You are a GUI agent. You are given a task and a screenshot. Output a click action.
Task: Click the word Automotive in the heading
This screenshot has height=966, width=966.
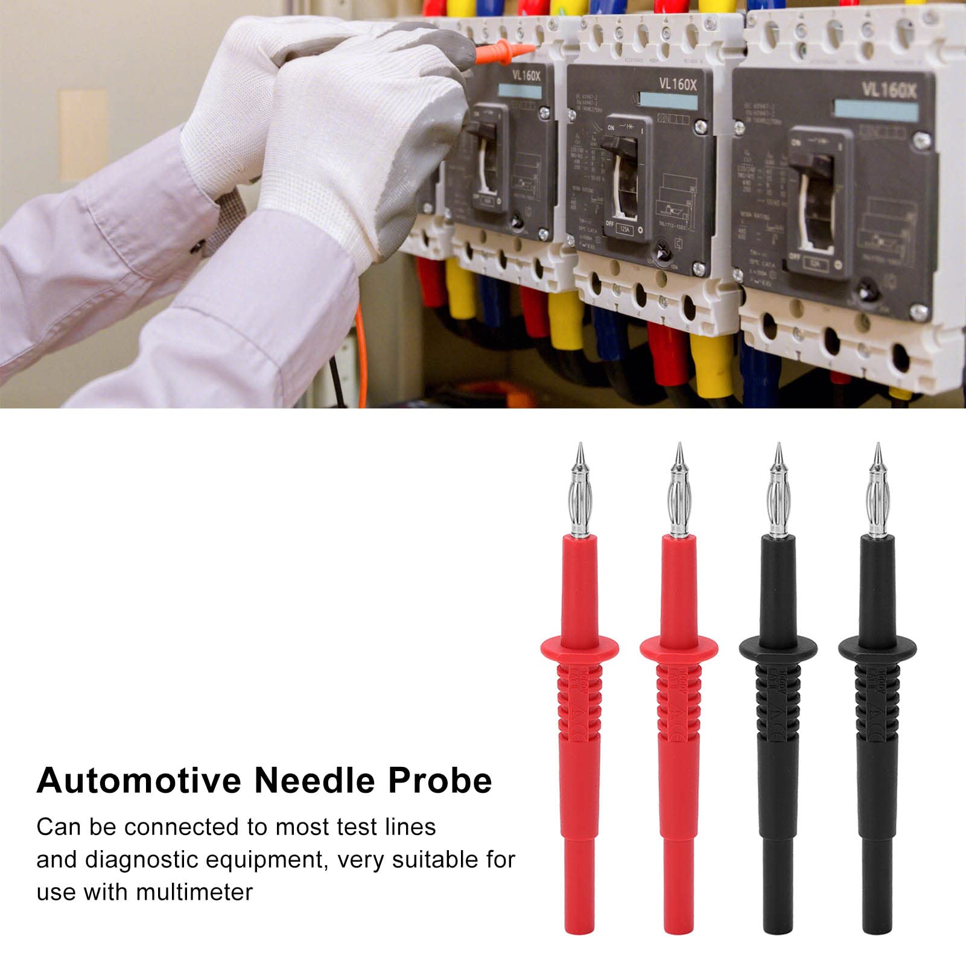[x=139, y=781]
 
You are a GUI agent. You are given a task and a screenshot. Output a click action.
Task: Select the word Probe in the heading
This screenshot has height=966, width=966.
[x=440, y=781]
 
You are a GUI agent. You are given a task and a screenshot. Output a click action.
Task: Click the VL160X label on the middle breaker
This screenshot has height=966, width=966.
[x=678, y=84]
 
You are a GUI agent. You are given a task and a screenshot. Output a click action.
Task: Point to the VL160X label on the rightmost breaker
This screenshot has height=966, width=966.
[x=888, y=91]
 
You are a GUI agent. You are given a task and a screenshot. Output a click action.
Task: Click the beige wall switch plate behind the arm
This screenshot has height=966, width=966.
[x=83, y=135]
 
